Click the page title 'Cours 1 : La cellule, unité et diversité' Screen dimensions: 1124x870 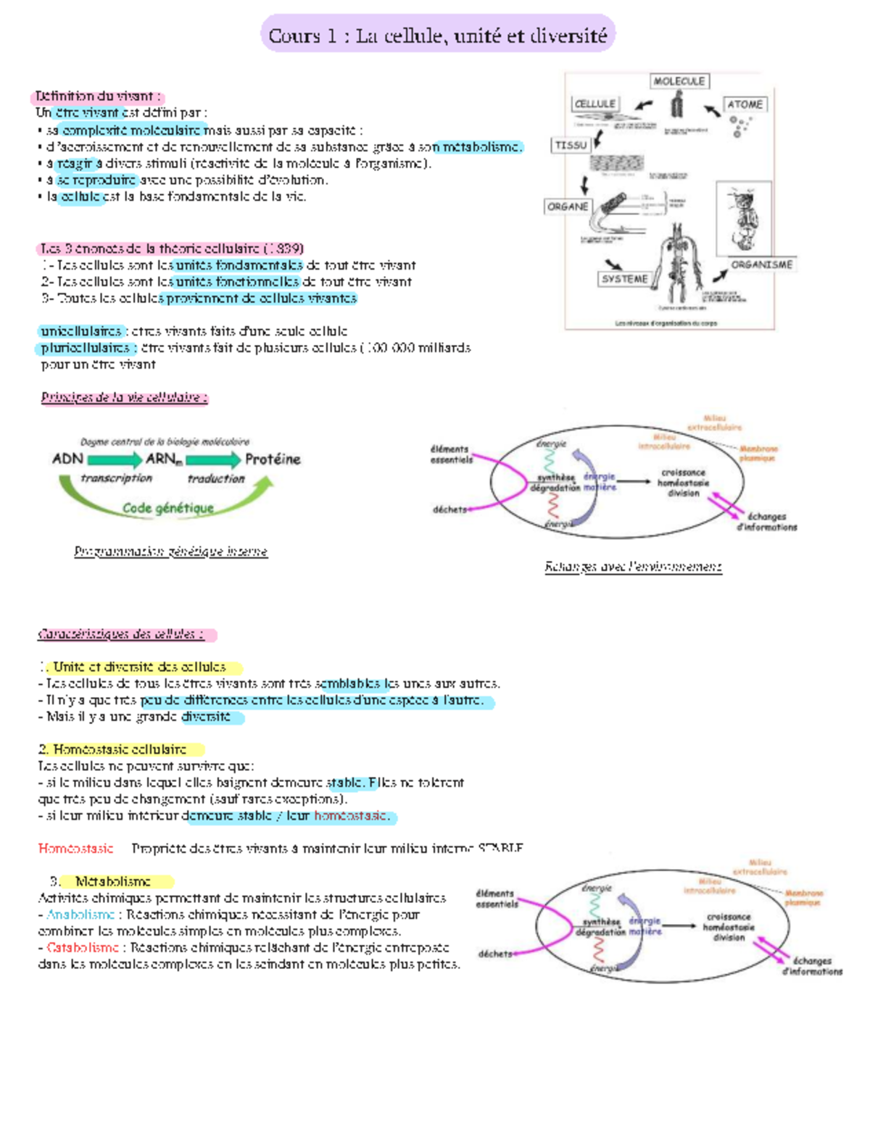click(437, 35)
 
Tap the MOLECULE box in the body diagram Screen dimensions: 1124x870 click(679, 81)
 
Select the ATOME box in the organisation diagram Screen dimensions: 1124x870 click(745, 104)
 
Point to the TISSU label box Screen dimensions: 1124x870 click(571, 145)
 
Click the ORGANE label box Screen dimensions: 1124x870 click(568, 207)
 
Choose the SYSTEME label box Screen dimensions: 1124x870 click(624, 279)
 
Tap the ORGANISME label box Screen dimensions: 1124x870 click(761, 265)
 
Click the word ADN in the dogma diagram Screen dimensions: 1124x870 click(67, 459)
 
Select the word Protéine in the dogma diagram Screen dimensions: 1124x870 click(272, 459)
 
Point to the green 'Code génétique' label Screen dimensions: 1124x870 click(168, 508)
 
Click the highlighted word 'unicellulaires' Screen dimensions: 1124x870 click(81, 331)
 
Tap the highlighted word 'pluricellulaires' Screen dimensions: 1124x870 click(85, 348)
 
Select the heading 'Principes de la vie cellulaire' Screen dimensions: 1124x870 click(124, 397)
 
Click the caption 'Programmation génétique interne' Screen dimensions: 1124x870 click(170, 551)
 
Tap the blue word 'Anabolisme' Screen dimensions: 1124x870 click(80, 915)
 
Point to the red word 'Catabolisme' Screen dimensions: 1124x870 click(83, 947)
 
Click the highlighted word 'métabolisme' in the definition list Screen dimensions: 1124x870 click(481, 147)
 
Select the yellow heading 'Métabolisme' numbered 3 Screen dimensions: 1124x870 click(113, 881)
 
